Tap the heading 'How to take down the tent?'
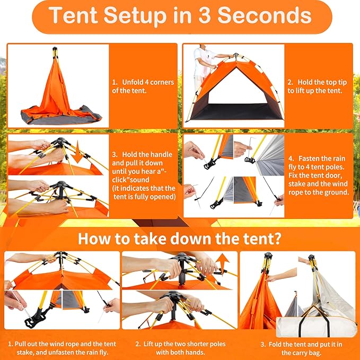[180, 237]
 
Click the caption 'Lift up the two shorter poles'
[180, 344]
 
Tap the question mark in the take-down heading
[278, 237]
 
